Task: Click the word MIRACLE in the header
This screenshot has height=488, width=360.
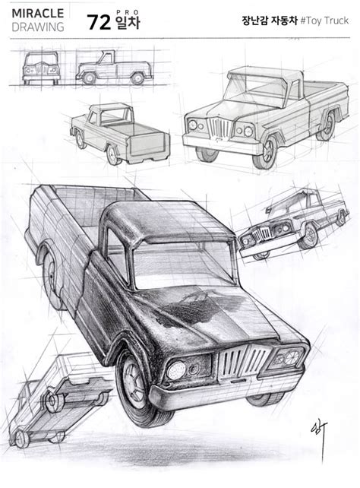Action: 38,14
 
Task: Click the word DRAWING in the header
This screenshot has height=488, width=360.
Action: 38,27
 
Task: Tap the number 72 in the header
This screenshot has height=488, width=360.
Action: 99,22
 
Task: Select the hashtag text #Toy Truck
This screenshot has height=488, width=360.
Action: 324,21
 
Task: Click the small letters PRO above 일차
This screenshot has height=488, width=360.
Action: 128,12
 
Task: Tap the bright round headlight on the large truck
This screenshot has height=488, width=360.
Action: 176,370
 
